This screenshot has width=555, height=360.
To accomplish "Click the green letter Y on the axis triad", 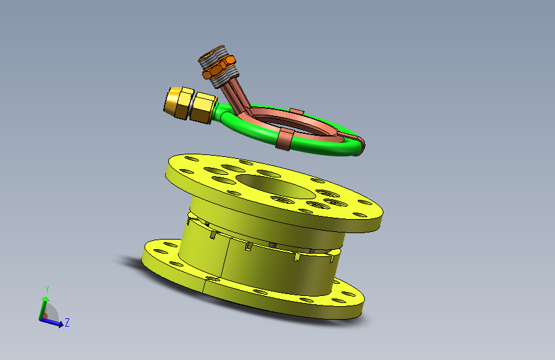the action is coord(47,290).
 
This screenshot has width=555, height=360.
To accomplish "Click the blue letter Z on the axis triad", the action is coord(67,322).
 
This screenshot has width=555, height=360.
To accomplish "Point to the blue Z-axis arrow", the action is coord(52,322).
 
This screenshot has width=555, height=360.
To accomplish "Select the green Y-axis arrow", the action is coord(43,308).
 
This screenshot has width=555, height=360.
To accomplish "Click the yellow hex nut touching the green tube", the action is coord(203,108).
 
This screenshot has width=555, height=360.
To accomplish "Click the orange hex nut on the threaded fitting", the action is coord(219,67).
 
